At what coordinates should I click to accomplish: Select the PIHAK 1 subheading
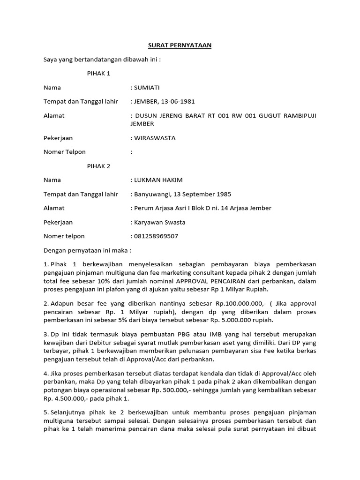coord(99,74)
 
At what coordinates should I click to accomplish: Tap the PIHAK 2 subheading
coord(99,166)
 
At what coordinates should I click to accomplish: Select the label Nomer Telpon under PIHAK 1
coord(65,152)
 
